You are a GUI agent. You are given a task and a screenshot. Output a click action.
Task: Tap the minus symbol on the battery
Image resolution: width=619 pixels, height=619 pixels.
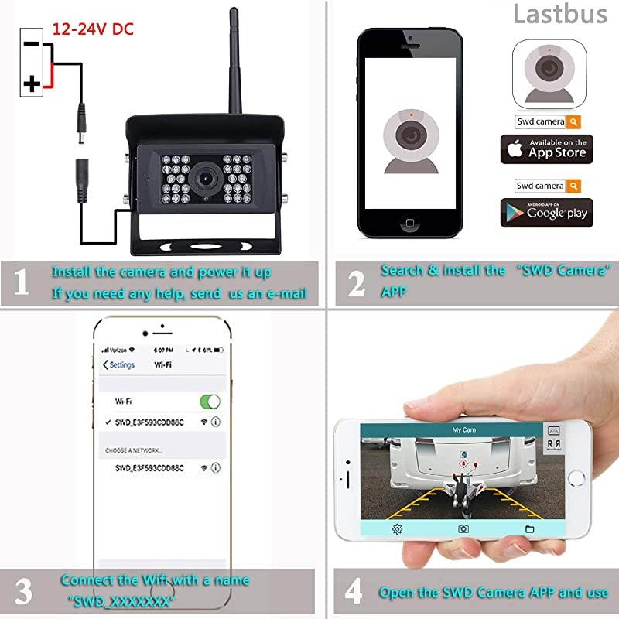pos(32,43)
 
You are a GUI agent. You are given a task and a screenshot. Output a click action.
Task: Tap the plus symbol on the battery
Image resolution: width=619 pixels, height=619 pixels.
pos(32,83)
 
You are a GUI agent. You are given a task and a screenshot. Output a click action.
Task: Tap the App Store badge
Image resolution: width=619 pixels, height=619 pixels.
pos(546,149)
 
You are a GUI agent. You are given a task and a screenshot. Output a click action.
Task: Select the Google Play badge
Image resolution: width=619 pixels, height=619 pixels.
pos(546,213)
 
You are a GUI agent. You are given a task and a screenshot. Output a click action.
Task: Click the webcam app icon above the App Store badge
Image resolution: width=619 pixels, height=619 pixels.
pos(549,75)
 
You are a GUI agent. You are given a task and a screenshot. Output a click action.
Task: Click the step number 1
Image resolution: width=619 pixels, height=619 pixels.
pos(22,283)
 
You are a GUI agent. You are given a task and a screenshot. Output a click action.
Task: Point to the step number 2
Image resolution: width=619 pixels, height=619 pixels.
pos(356,284)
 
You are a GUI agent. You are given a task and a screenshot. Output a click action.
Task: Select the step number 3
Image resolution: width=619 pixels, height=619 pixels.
pos(24,592)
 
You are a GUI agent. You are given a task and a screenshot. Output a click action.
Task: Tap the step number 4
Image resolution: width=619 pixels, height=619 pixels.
pos(354,592)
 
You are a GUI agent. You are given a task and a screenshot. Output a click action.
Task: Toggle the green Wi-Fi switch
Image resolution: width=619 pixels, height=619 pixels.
pos(210,402)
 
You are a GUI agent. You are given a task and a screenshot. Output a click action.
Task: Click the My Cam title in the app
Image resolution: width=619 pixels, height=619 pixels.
pos(463,429)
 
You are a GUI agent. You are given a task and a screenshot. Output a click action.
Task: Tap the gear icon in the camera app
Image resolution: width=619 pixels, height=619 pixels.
pos(397,529)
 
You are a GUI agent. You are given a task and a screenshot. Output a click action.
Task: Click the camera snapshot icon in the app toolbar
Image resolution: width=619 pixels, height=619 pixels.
pos(463,529)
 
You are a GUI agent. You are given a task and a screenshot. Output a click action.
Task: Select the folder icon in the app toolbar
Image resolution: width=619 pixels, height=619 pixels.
pos(530,529)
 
